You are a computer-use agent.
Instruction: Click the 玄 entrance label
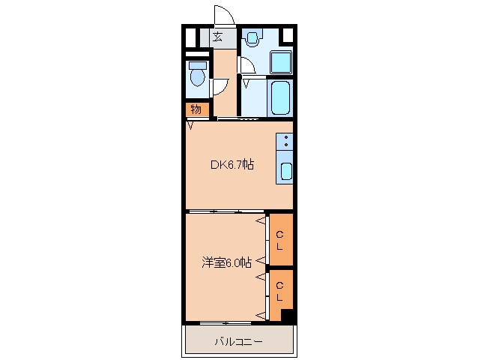tap(218, 37)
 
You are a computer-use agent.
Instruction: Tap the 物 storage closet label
tap(195, 109)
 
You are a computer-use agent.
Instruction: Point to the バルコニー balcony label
tap(238, 342)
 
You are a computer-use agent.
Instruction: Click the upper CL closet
tap(280, 240)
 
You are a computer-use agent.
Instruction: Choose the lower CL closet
tap(279, 292)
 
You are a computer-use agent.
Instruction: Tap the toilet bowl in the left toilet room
tap(197, 77)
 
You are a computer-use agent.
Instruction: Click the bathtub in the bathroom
tap(280, 97)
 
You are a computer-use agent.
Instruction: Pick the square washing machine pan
tap(280, 61)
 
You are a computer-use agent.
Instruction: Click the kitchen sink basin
tap(286, 170)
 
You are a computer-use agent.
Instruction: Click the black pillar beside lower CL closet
tap(286, 316)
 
